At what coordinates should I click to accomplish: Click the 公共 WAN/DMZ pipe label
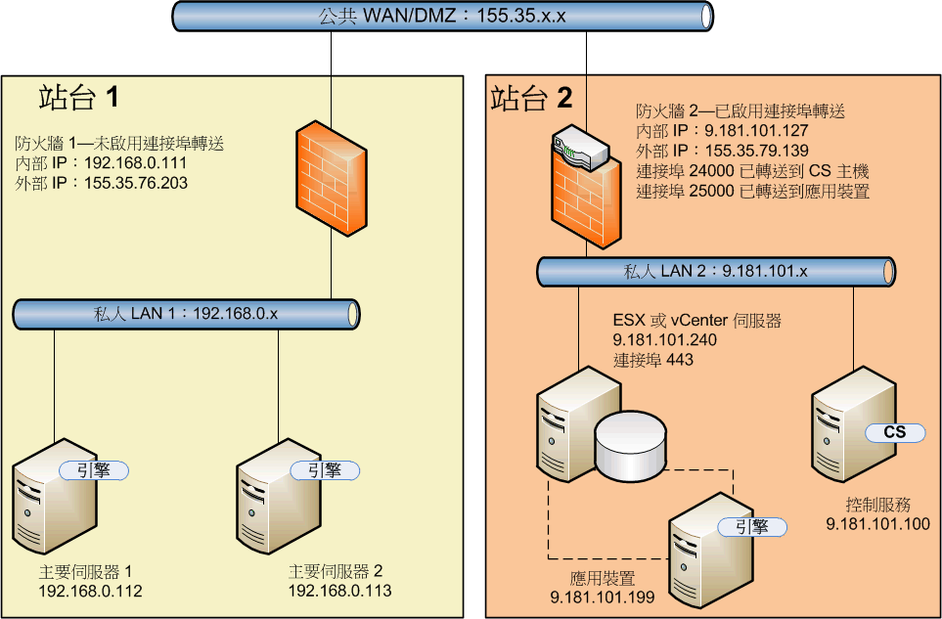point(441,16)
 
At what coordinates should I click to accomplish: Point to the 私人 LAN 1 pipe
point(186,315)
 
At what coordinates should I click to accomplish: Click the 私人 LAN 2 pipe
point(717,272)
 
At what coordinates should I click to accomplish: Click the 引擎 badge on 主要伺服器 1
point(96,469)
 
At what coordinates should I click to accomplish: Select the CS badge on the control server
point(894,432)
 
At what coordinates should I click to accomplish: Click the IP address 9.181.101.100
point(877,524)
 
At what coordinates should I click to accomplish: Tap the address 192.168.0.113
point(339,591)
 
